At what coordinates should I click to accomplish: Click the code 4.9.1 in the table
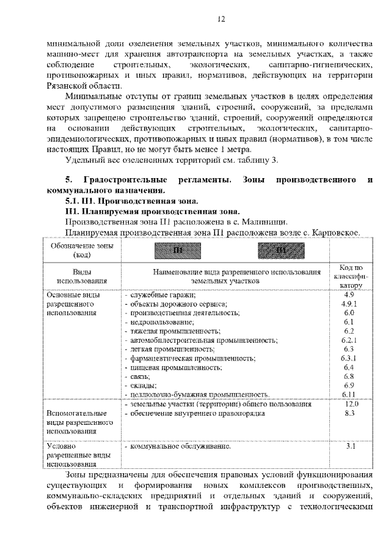[349, 304]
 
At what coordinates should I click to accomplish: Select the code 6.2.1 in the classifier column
[349, 339]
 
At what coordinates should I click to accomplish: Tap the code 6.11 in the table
[349, 394]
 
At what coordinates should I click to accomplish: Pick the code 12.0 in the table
[351, 404]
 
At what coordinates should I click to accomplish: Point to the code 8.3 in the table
[349, 414]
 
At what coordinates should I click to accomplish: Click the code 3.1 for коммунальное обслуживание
[350, 447]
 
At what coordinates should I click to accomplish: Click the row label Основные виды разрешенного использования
[73, 304]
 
